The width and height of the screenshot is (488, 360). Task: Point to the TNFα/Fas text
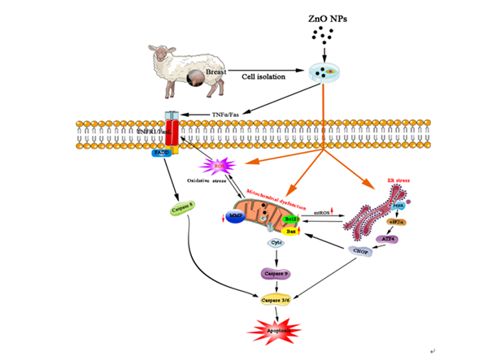coord(226,115)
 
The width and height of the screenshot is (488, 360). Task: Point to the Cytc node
coord(276,243)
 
